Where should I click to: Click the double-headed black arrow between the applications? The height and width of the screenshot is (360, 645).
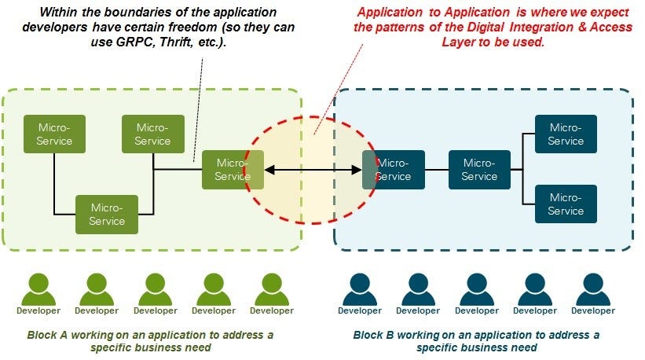[x=313, y=169]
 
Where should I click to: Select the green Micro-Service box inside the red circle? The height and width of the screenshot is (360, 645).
[x=233, y=169]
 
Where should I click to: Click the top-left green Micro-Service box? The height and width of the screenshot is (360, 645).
[x=54, y=134]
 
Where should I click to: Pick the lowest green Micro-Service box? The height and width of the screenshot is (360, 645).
[x=106, y=214]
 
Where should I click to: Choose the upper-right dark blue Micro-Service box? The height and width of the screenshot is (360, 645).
[x=566, y=134]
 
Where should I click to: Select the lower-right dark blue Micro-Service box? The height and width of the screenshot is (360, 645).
[x=566, y=204]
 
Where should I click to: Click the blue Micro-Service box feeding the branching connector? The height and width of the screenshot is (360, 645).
[x=479, y=169]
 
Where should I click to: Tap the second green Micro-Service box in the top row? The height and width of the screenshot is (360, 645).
[x=153, y=134]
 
